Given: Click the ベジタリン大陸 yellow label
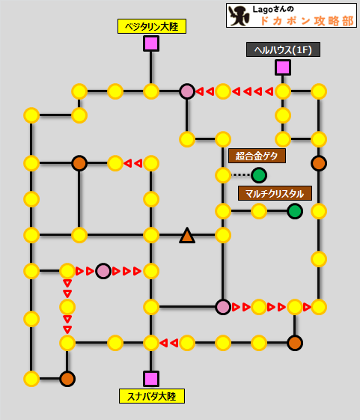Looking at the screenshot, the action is click(x=152, y=26).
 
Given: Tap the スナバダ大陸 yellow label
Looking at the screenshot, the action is click(x=152, y=396).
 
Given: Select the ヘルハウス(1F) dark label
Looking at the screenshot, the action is click(x=283, y=49).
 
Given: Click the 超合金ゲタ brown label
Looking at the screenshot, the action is click(x=257, y=156).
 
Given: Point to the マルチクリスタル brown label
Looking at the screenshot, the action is click(x=275, y=193).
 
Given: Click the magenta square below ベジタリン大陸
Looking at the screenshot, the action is click(x=151, y=43).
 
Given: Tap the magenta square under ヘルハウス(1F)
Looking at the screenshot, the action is click(x=283, y=67).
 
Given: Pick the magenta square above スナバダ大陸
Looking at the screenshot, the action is click(x=151, y=379).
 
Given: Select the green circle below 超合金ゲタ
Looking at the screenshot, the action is click(x=259, y=175).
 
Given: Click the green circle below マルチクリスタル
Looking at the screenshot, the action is click(x=295, y=211).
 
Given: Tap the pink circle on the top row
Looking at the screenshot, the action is click(x=187, y=91).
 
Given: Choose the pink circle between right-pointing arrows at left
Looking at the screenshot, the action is click(x=103, y=271).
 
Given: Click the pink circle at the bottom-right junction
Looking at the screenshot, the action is click(x=223, y=307).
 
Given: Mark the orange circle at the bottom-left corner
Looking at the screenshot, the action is click(x=67, y=379).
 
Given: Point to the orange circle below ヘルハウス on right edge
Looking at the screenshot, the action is click(x=319, y=163).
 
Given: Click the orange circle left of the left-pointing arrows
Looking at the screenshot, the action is click(x=79, y=163).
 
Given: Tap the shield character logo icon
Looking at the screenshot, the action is click(x=239, y=16).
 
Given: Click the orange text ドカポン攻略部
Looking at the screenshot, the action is click(x=307, y=21).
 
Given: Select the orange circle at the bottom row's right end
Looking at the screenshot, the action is click(x=295, y=343).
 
